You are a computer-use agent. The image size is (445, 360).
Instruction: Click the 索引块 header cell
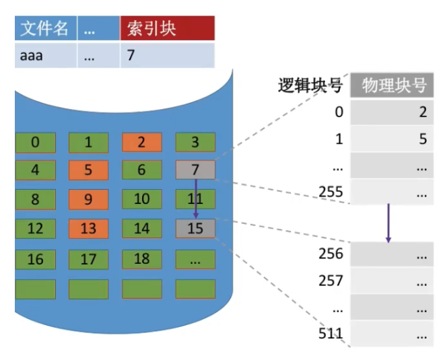[x=166, y=28]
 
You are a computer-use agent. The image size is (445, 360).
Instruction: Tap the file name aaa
[x=32, y=55]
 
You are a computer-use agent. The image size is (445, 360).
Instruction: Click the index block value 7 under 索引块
[x=131, y=55]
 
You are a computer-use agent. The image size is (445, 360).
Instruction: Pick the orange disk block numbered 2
[x=141, y=142]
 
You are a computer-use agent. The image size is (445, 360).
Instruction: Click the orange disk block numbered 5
[x=88, y=170]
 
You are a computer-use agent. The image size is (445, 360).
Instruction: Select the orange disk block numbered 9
[x=88, y=199]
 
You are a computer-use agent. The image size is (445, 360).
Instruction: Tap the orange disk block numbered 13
[x=88, y=228]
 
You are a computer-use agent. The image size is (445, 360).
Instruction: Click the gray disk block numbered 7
[x=195, y=170]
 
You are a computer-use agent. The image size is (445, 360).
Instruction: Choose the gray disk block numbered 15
[x=195, y=228]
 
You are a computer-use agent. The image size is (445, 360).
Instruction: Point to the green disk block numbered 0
[x=35, y=142]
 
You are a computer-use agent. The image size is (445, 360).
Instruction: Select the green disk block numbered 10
[x=141, y=199]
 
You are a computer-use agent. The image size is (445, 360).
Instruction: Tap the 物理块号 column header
[x=392, y=85]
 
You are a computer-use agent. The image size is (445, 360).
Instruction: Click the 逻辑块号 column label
[x=310, y=85]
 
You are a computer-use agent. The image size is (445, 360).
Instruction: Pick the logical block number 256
[x=331, y=254]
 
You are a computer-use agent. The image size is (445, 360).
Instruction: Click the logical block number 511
[x=331, y=333]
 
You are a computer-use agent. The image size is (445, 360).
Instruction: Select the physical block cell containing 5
[x=392, y=139]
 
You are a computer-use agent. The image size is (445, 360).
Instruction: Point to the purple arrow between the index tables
[x=388, y=223]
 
